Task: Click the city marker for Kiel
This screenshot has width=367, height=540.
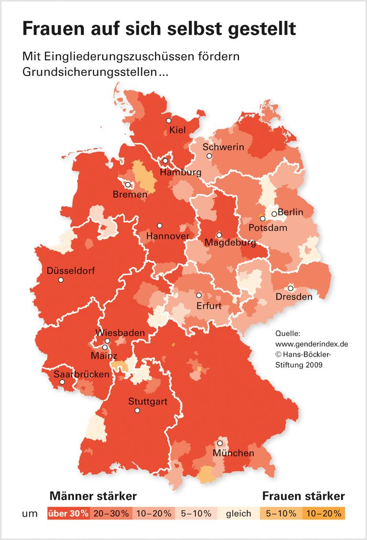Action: pyautogui.click(x=169, y=120)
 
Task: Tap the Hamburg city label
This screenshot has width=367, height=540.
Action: pyautogui.click(x=180, y=172)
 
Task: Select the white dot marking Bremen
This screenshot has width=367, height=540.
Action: pyautogui.click(x=128, y=185)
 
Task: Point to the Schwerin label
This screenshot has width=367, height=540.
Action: pyautogui.click(x=223, y=147)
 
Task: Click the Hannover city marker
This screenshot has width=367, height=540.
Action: pyautogui.click(x=160, y=225)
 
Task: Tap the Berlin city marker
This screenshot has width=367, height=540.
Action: pyautogui.click(x=274, y=214)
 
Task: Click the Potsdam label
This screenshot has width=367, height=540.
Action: pyautogui.click(x=268, y=228)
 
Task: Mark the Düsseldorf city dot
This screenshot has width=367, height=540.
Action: pyautogui.click(x=61, y=280)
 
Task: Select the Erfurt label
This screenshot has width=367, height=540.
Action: pyautogui.click(x=209, y=306)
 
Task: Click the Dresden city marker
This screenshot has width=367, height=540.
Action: pyautogui.click(x=290, y=288)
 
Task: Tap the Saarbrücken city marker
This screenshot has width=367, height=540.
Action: pyautogui.click(x=62, y=382)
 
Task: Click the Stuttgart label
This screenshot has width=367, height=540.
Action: pyautogui.click(x=148, y=402)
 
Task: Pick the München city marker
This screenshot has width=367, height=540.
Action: pyautogui.click(x=220, y=443)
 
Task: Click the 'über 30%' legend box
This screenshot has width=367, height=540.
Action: pyautogui.click(x=68, y=514)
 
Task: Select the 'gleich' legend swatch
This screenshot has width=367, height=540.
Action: pyautogui.click(x=238, y=514)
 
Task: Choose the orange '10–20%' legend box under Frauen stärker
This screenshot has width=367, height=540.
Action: pyautogui.click(x=324, y=514)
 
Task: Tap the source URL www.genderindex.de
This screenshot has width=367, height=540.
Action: pyautogui.click(x=312, y=343)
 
